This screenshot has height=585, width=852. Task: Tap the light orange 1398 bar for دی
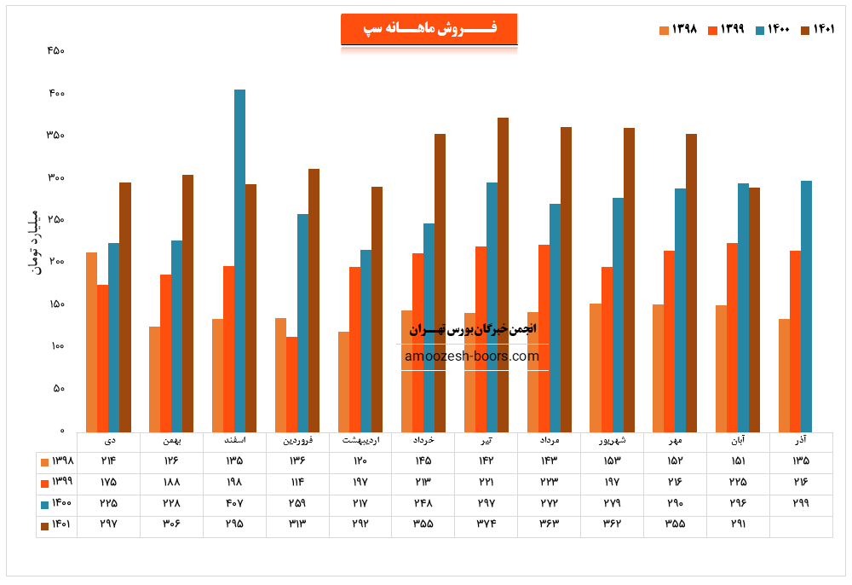tap(91, 341)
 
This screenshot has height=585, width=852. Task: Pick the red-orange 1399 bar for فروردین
tap(291, 384)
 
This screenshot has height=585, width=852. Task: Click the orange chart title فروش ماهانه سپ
tap(429, 29)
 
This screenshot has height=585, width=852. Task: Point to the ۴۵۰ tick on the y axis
tap(55, 50)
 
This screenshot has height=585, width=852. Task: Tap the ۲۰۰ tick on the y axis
tap(55, 262)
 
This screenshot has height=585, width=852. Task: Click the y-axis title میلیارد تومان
tap(35, 240)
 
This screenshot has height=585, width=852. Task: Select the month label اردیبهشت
tap(360, 441)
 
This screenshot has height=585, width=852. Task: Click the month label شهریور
tap(612, 441)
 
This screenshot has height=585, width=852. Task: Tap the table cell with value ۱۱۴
tap(297, 482)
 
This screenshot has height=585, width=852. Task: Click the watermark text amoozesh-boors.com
tap(472, 356)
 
